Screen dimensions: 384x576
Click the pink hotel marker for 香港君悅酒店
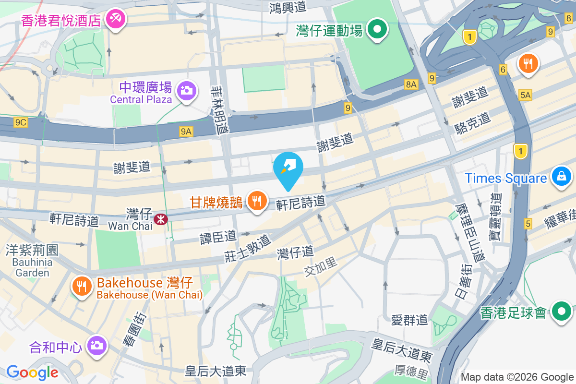pyautogui.click(x=116, y=19)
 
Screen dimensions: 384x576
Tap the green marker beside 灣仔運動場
pyautogui.click(x=377, y=29)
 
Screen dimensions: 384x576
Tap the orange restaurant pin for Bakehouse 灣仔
pyautogui.click(x=82, y=286)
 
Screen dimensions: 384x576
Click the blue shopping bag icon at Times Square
pyautogui.click(x=561, y=176)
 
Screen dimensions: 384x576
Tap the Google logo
pyautogui.click(x=32, y=372)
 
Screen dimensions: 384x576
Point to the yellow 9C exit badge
pyautogui.click(x=21, y=122)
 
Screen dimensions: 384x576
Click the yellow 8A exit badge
pyautogui.click(x=411, y=84)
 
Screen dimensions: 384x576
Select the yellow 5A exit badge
pyautogui.click(x=525, y=95)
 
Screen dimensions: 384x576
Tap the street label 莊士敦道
pyautogui.click(x=248, y=248)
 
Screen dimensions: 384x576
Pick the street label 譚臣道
pyautogui.click(x=218, y=236)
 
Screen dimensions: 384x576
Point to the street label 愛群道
pyautogui.click(x=409, y=320)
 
